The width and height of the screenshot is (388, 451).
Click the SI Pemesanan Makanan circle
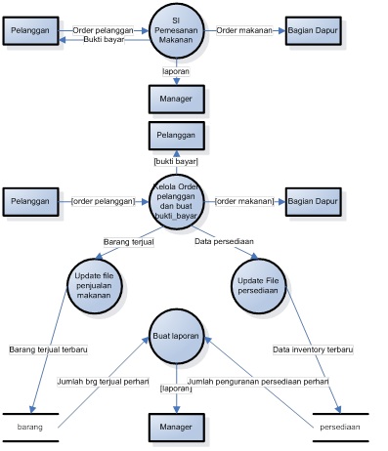point(176,31)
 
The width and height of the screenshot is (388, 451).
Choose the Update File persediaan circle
point(258,286)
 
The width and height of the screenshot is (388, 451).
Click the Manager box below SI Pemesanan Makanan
point(176,99)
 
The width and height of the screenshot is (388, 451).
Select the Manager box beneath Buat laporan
point(176,428)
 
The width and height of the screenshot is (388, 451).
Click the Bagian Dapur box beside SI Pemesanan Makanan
point(314,31)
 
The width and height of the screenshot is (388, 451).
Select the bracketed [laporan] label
point(176,389)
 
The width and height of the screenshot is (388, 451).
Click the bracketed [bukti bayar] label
point(176,160)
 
